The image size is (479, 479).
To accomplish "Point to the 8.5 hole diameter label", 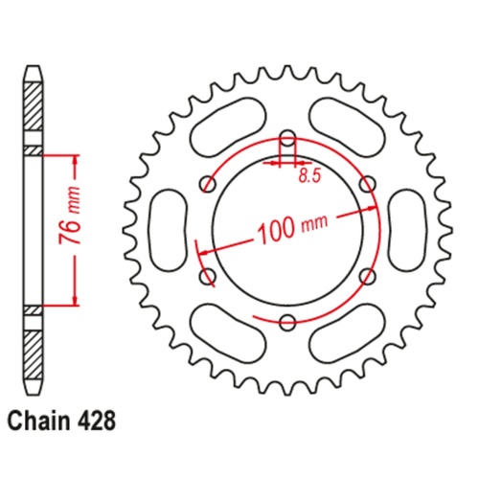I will click(308, 176).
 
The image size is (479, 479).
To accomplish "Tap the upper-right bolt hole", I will click(367, 183).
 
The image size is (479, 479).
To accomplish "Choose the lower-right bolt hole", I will click(367, 276).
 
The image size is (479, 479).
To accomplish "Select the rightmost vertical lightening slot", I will click(407, 230).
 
